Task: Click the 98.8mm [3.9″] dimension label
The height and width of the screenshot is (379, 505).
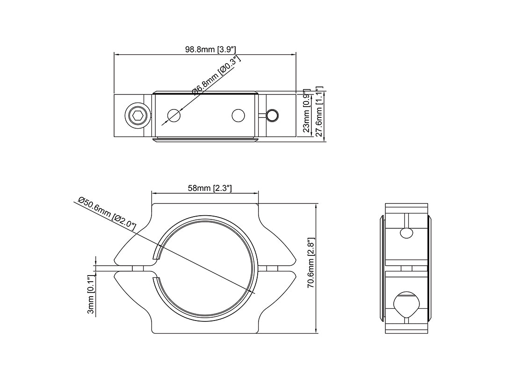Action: pyautogui.click(x=210, y=49)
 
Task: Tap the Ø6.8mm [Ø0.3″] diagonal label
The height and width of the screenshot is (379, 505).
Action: pyautogui.click(x=216, y=75)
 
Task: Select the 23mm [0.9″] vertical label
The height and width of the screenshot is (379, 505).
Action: pyautogui.click(x=306, y=110)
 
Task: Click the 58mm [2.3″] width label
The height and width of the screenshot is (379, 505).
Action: pyautogui.click(x=210, y=188)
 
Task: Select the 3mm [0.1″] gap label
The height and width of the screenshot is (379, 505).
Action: pyautogui.click(x=92, y=294)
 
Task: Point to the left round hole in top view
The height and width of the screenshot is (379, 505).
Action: pyautogui.click(x=174, y=116)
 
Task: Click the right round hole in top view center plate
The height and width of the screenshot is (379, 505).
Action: pyautogui.click(x=238, y=116)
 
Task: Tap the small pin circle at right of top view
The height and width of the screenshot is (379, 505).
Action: pyautogui.click(x=273, y=115)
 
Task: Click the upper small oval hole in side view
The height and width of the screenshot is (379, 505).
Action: pyautogui.click(x=406, y=233)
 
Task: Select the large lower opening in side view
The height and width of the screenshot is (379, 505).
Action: pyautogui.click(x=406, y=305)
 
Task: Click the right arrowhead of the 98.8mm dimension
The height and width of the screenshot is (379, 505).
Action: pyautogui.click(x=293, y=54)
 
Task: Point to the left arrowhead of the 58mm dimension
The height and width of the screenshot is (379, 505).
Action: pyautogui.click(x=155, y=193)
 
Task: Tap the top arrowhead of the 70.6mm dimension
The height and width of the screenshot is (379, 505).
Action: pyautogui.click(x=317, y=206)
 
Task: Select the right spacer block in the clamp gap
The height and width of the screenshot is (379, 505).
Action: pyautogui.click(x=273, y=269)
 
